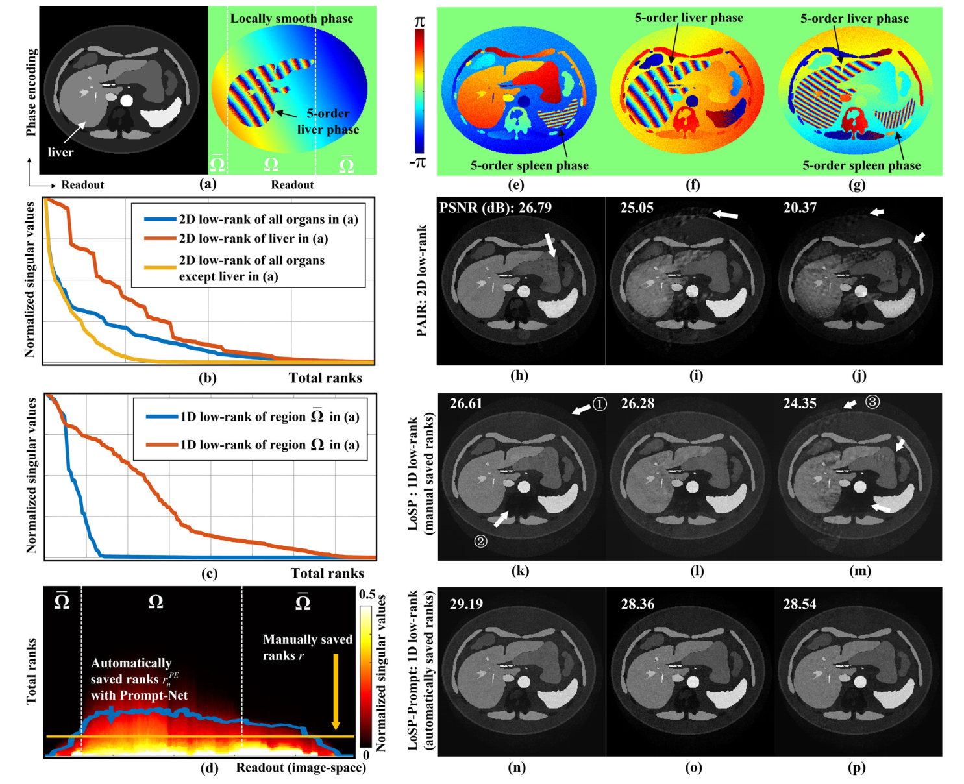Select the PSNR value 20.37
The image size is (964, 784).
pos(799,208)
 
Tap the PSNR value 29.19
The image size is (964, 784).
pos(466,604)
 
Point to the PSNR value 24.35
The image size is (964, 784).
pos(799,404)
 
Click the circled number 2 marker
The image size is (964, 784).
pos(480,541)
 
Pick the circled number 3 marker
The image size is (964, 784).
pos(872,402)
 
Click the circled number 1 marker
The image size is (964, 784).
pos(600,404)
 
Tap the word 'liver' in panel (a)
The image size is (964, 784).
pos(60,153)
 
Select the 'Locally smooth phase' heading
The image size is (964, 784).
pos(291,18)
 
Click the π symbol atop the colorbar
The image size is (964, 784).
pos(420,22)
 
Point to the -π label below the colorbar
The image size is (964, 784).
pos(419,162)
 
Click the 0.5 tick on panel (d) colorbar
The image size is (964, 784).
pos(367,594)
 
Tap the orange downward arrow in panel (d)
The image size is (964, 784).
pos(336,692)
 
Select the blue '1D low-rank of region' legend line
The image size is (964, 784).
pos(162,417)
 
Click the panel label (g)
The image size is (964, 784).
pos(857,185)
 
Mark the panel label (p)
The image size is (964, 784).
pos(857,768)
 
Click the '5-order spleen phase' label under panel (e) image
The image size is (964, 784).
pos(530,165)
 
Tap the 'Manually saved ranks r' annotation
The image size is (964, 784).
pos(307,647)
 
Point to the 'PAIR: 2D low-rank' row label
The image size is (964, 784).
pos(423,280)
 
